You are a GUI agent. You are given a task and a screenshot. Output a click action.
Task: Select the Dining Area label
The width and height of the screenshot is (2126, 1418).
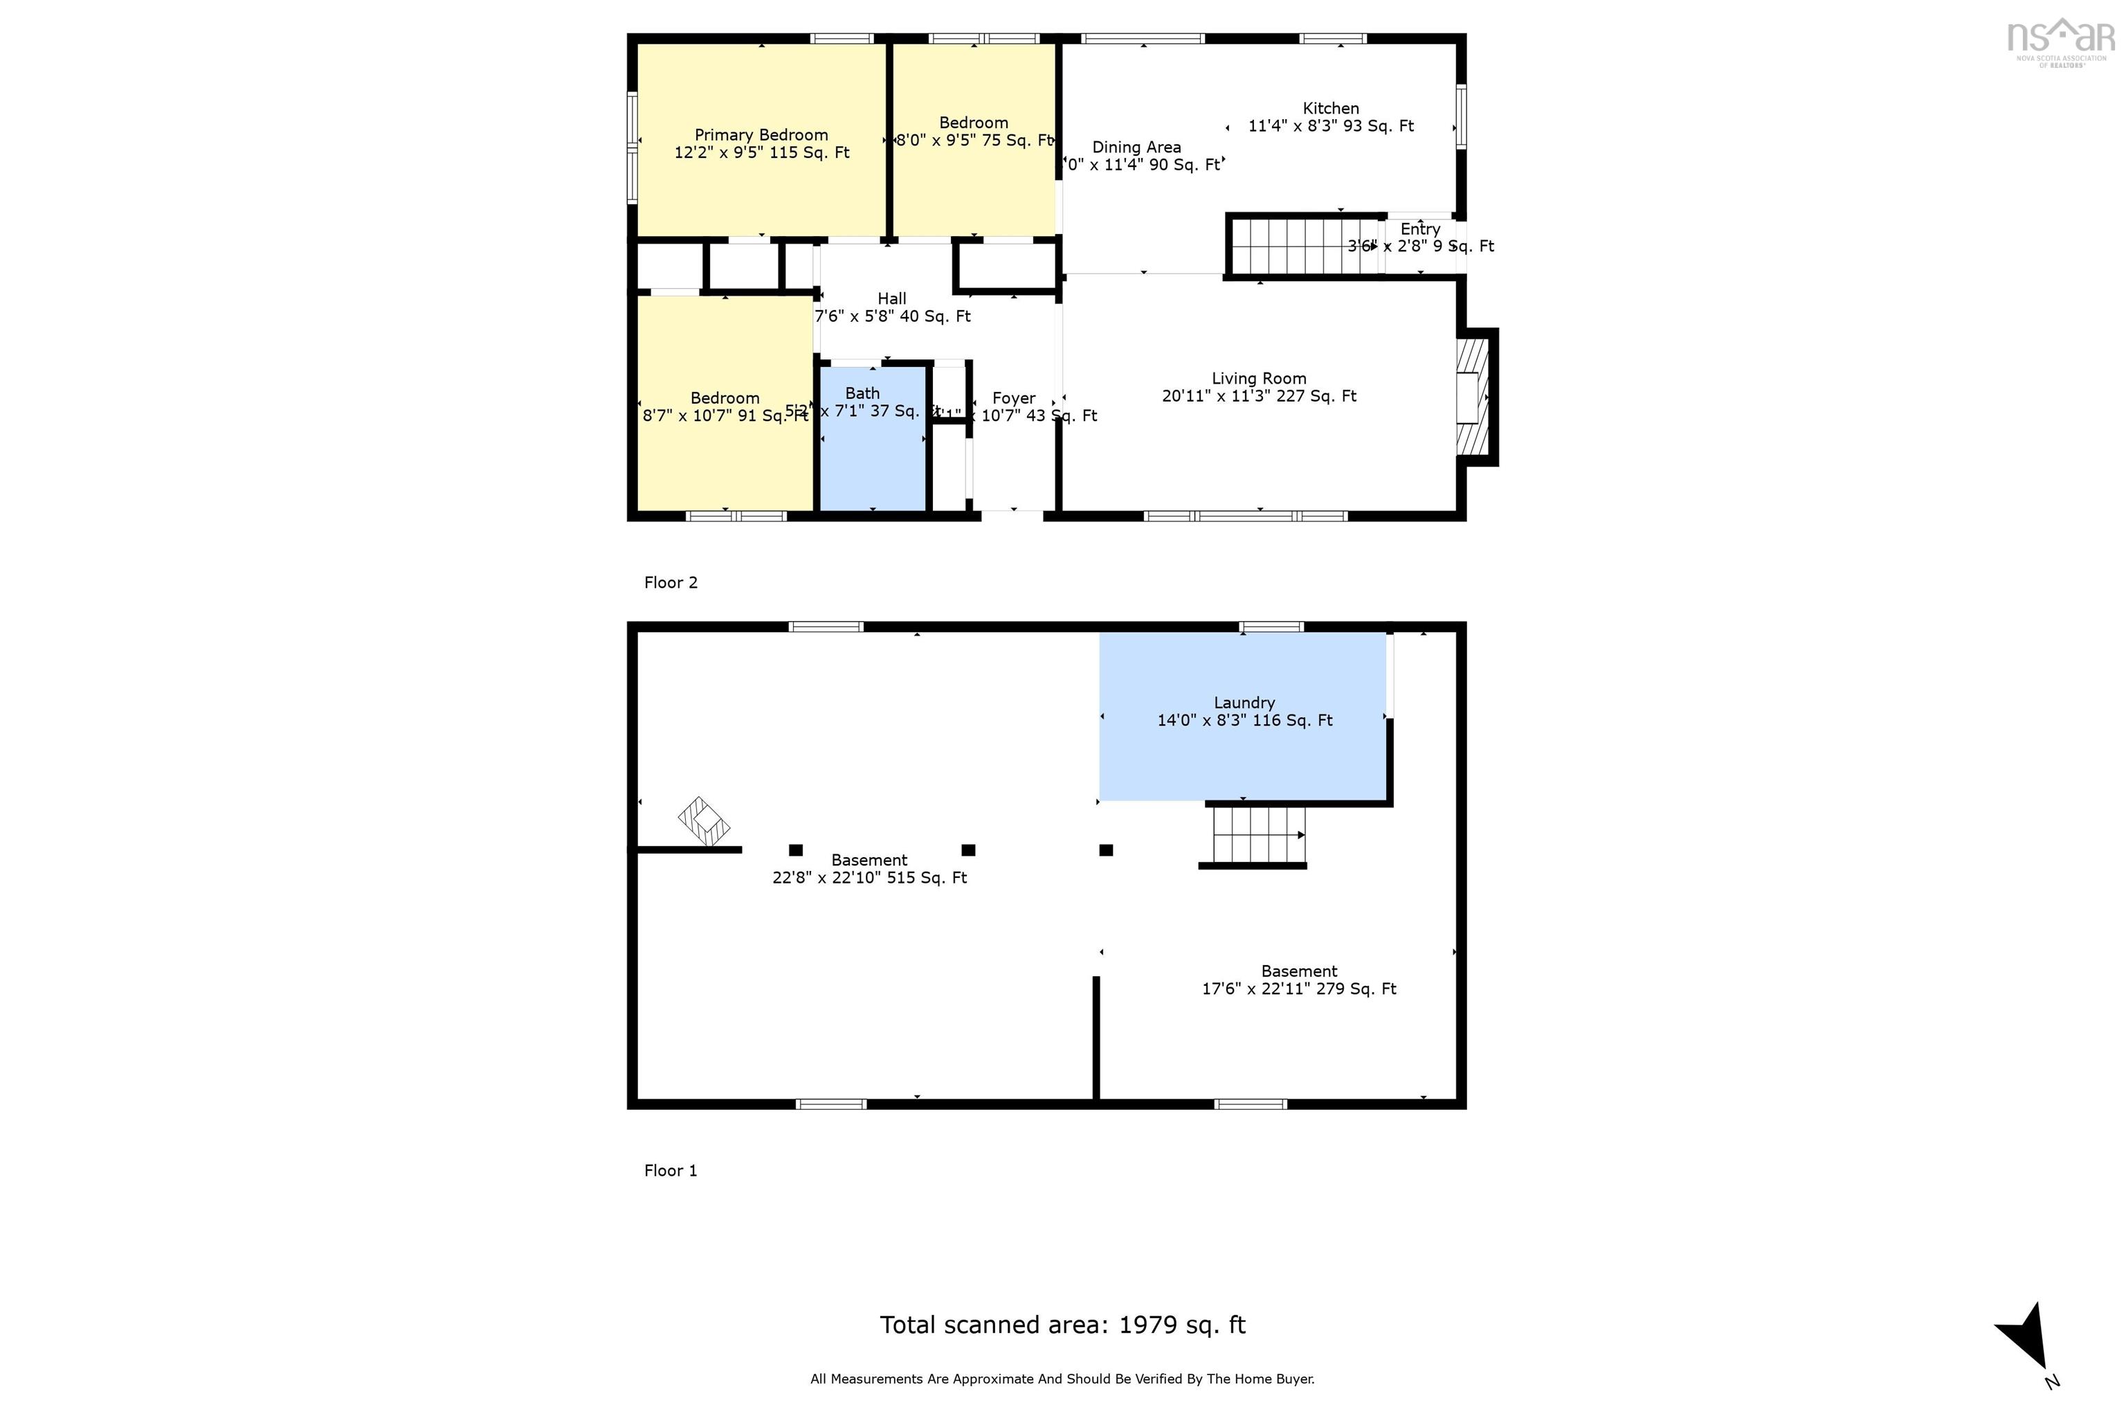[1136, 147]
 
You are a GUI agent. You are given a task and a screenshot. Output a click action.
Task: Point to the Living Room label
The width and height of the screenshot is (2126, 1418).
[1258, 379]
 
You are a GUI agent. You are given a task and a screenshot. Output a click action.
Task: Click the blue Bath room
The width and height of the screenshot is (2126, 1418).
[871, 452]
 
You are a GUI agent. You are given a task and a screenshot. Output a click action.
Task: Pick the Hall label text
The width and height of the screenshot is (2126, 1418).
[891, 299]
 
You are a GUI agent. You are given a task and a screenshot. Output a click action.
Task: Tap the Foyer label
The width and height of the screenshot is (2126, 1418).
[1013, 399]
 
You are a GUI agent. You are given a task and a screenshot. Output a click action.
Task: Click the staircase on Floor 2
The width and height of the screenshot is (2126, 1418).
[1302, 246]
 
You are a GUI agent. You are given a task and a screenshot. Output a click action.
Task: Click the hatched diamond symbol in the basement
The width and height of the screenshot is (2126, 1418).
[703, 821]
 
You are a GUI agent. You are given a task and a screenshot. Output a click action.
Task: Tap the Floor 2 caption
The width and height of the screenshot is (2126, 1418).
[671, 583]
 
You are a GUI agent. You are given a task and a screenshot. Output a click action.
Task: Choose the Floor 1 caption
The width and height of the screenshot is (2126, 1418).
[671, 1171]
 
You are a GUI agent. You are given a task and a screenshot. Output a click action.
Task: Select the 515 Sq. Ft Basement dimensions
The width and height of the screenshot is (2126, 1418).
[869, 878]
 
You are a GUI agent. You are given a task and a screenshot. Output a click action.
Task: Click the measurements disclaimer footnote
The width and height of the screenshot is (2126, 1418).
[1062, 1379]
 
